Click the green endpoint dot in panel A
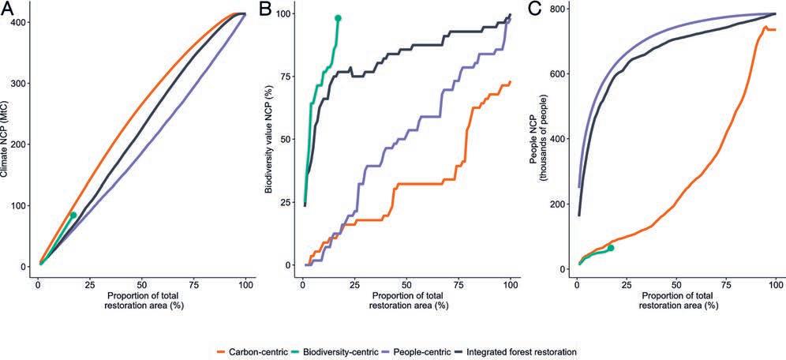[73, 215]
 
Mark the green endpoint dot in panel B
[338, 18]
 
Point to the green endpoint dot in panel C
[610, 248]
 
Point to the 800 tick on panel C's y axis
[558, 9]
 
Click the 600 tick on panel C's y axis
[558, 74]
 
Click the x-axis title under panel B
[407, 300]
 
